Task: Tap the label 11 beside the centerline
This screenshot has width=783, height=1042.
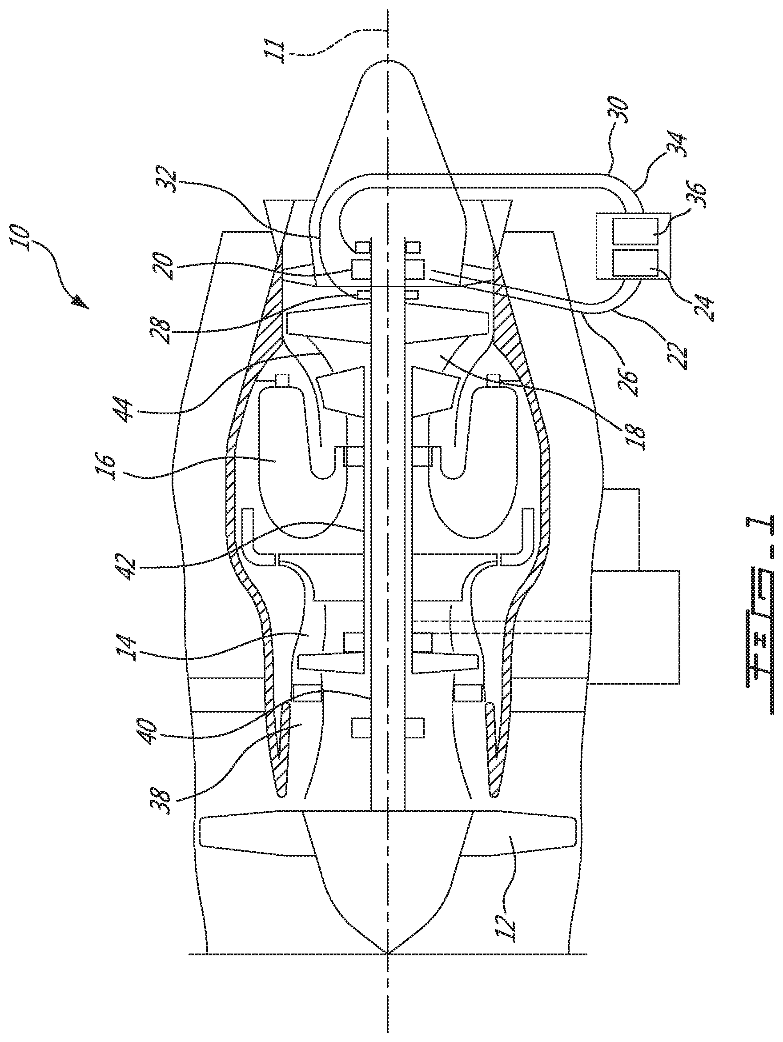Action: click(274, 49)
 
